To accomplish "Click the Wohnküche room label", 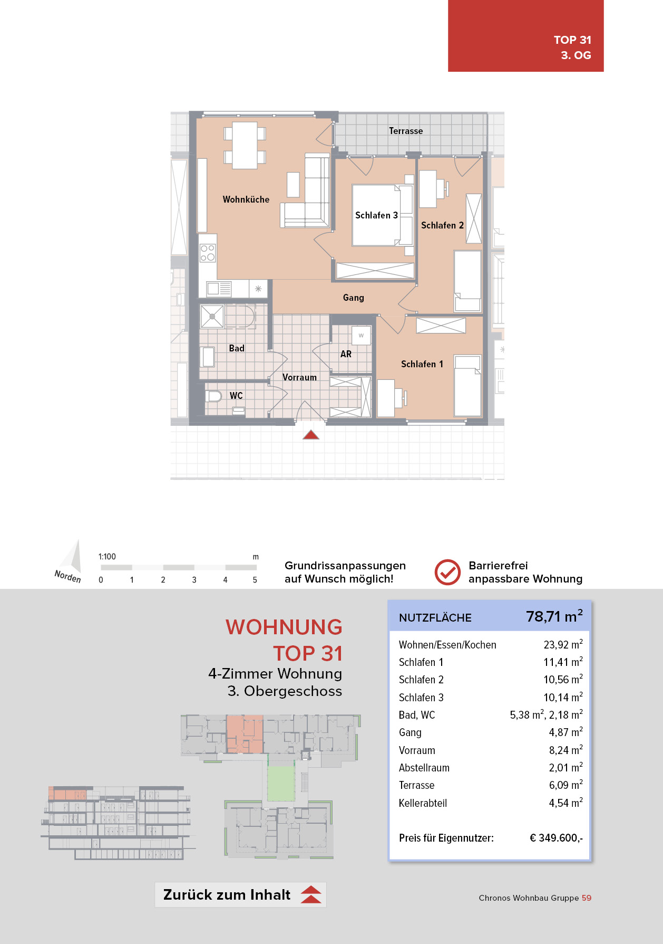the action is click(x=246, y=199).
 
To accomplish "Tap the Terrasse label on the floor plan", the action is click(x=406, y=131).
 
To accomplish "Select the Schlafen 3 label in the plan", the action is click(x=376, y=215).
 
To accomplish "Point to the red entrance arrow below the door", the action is click(x=311, y=435).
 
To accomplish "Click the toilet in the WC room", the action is click(x=213, y=396).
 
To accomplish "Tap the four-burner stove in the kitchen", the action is click(x=208, y=253).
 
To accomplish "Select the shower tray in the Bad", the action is click(x=212, y=317).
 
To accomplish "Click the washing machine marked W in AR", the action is click(x=361, y=335).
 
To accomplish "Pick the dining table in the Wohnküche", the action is click(x=245, y=146).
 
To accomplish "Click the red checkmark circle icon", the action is click(x=447, y=572).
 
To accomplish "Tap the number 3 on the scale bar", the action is click(x=194, y=580).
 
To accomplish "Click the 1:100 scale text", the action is click(x=107, y=557).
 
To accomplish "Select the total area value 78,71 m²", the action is click(x=554, y=616).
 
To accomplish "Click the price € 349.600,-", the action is click(x=556, y=838).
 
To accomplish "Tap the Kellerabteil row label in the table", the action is click(x=423, y=803).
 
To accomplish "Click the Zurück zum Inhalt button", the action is click(x=240, y=895).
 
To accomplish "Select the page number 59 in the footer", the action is click(x=587, y=898).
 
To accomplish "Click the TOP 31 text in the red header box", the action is click(x=572, y=40).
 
